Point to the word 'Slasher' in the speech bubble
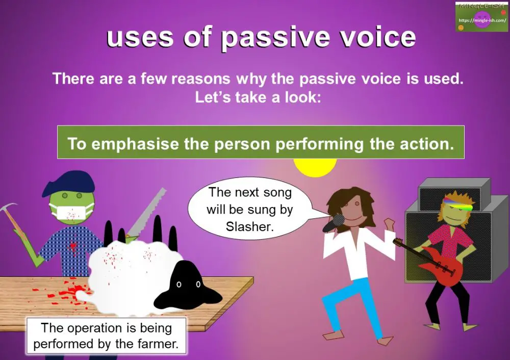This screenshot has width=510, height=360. pyautogui.click(x=250, y=226)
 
